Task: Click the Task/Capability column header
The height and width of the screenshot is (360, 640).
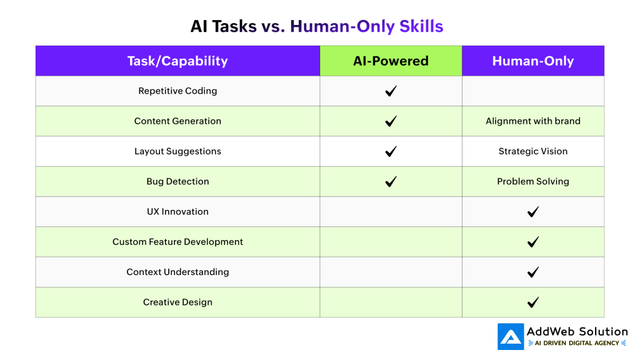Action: pos(177,61)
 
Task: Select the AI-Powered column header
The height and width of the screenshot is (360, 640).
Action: pos(391,61)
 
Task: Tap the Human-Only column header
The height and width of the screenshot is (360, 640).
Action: pos(532,61)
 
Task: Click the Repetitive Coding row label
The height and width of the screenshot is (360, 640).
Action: pos(177,91)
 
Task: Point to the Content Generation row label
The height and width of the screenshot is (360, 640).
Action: pos(177,121)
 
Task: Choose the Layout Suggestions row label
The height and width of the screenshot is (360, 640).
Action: pos(177,151)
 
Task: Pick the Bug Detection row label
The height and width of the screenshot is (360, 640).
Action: pos(177,181)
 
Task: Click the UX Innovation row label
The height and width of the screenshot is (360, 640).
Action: pos(177,211)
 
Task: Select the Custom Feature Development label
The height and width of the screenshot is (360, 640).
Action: pos(177,241)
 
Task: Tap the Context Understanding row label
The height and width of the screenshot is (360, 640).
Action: pos(177,272)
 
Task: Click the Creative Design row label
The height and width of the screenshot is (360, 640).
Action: pos(177,302)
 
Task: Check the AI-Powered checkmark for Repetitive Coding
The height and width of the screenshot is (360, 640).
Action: pos(391,91)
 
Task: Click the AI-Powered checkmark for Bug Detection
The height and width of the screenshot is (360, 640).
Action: pos(391,182)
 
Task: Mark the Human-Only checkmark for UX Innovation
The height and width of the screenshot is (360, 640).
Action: pos(533,212)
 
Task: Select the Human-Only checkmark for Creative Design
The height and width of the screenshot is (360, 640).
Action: pos(533,302)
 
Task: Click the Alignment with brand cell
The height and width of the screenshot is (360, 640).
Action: pos(532,121)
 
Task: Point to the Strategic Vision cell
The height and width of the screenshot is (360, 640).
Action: pos(532,151)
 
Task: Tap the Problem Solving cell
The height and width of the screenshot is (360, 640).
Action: pos(532,181)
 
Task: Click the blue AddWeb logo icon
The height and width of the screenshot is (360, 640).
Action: pos(511,336)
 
